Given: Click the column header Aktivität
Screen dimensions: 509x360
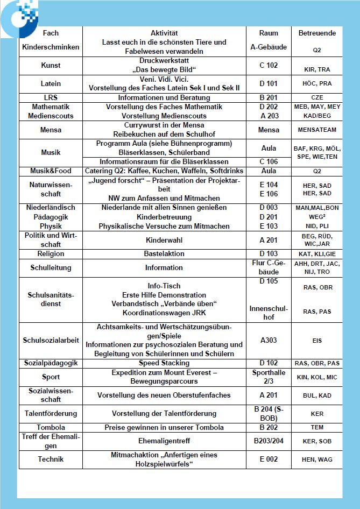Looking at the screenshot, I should click(x=164, y=33).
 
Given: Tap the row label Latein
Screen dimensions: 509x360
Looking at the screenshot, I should click(x=51, y=83).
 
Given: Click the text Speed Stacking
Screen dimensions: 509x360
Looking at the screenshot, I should click(x=164, y=363).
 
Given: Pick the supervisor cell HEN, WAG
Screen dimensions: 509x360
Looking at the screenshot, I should click(x=317, y=459).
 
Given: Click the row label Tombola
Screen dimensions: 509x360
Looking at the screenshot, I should click(x=51, y=428).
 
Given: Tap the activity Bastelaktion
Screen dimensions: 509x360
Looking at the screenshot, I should click(x=164, y=253).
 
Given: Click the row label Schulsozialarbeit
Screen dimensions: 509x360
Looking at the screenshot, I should click(x=51, y=340).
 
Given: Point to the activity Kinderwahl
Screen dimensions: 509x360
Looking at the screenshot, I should click(x=164, y=240).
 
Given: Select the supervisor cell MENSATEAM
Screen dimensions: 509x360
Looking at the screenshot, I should click(x=317, y=130).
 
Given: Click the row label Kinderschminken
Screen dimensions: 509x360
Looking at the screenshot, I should click(x=51, y=47).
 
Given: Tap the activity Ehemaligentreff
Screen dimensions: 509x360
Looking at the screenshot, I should click(x=164, y=442).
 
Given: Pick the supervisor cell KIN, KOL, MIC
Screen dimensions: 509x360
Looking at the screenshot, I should click(x=317, y=377).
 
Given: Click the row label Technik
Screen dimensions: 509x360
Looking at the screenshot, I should click(x=51, y=459).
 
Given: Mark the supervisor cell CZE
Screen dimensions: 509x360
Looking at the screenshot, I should click(x=317, y=98).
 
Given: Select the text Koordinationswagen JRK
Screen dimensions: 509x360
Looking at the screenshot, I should click(x=164, y=313).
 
